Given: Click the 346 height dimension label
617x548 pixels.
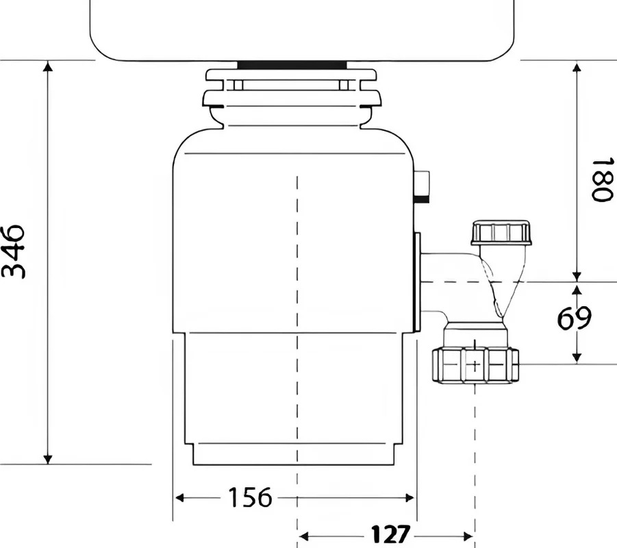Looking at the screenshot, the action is (x=14, y=252).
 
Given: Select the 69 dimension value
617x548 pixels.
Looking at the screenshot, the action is (x=574, y=317).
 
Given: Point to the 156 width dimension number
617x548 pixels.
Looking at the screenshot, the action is (x=250, y=497).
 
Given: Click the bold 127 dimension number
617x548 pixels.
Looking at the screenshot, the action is (x=390, y=534).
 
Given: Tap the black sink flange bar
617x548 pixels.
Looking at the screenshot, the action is (x=292, y=65).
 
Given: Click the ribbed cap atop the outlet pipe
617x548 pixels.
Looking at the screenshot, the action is (x=501, y=233).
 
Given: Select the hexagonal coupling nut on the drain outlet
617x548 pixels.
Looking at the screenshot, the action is (x=475, y=365).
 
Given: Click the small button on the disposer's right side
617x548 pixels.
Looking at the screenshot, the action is (x=422, y=186).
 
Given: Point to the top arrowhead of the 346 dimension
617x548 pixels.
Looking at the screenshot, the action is (x=48, y=66).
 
